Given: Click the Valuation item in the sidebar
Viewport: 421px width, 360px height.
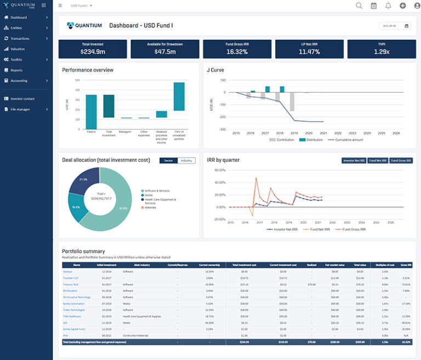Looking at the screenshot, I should tap(18, 49).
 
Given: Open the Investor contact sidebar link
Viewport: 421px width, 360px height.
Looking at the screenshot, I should tap(22, 99).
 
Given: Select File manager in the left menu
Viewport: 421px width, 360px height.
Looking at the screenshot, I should tap(20, 109).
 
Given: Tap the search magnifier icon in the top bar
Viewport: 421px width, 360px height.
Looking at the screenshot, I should tap(359, 5).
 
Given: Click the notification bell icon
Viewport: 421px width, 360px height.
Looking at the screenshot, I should tap(389, 5).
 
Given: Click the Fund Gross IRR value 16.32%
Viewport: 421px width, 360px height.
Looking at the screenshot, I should tap(237, 52).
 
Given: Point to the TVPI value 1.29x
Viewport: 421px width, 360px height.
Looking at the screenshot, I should tap(382, 52).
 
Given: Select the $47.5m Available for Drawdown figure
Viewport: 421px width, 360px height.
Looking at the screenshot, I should tap(165, 52).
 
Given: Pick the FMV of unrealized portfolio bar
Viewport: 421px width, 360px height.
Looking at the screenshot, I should tap(179, 97).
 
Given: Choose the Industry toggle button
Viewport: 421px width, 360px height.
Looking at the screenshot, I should tap(186, 160).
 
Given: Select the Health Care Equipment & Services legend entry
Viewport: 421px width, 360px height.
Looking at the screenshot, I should tap(158, 201).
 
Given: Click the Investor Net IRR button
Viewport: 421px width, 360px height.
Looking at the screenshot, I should tap(353, 160).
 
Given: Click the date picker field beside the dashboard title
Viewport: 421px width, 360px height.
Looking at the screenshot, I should tap(395, 25).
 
